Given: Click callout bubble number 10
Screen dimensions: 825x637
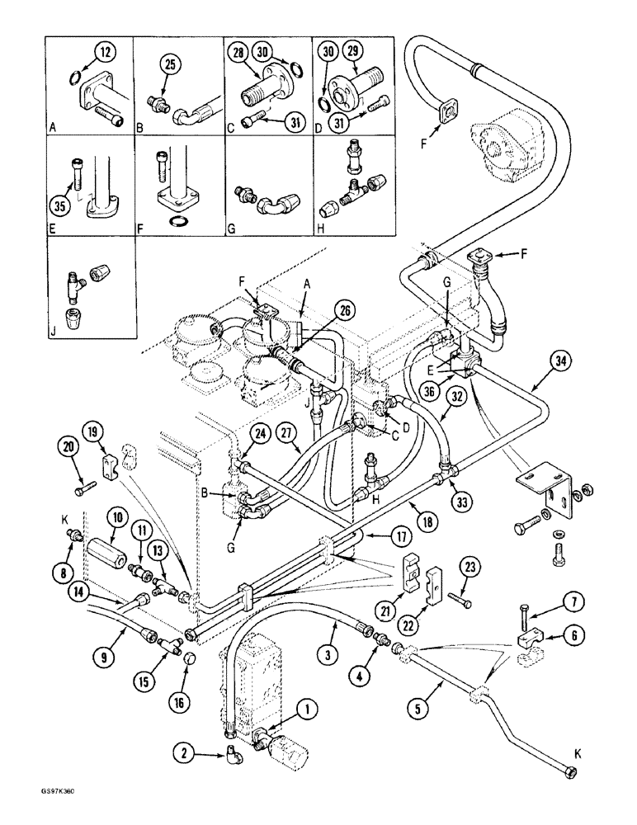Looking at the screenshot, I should (116, 518).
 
